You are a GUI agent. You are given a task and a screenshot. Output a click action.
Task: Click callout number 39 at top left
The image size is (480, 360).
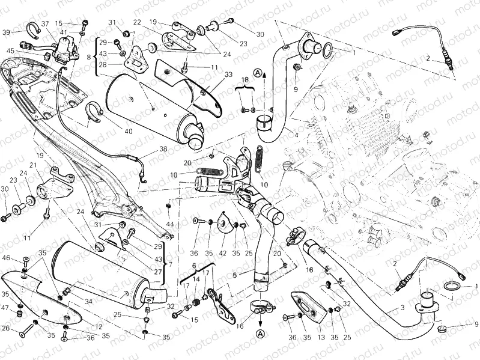tap(6, 32)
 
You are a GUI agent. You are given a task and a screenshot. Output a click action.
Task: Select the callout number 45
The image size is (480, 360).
tap(10, 50)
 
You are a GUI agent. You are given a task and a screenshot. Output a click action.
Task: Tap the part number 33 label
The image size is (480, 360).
tap(211, 75)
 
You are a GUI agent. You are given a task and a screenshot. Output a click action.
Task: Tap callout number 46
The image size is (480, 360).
tap(7, 258)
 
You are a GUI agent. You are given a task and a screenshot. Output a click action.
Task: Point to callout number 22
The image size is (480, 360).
tap(137, 22)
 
